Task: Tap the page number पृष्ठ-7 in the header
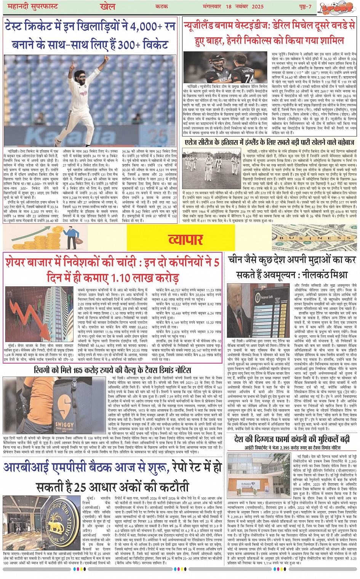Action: tap(305, 7)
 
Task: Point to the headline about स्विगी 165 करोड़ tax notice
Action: tap(113, 370)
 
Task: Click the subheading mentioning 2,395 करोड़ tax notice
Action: tap(293, 447)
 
